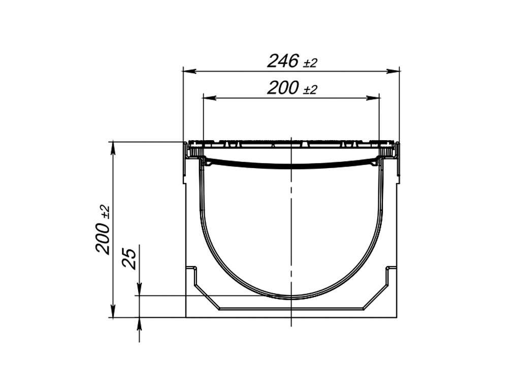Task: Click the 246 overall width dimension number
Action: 283,61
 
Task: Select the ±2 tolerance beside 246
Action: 310,63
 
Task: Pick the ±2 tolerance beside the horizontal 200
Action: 310,90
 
